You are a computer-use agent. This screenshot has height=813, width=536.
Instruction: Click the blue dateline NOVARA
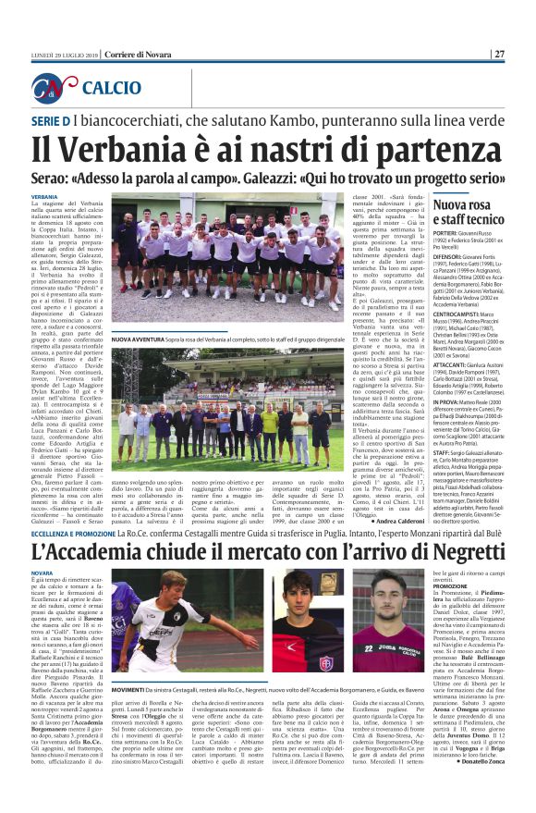pos(43,573)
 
